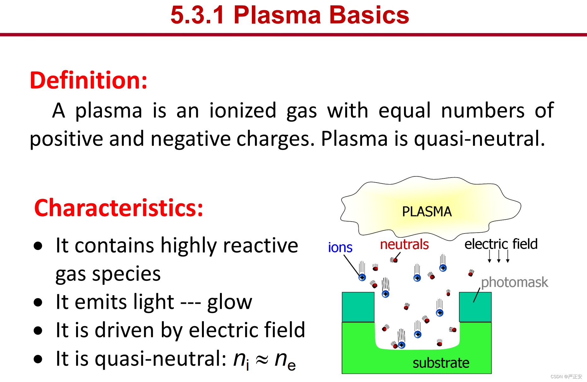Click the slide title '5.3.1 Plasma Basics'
pyautogui.click(x=290, y=15)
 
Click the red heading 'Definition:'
pyautogui.click(x=89, y=80)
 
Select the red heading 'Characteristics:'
pyautogui.click(x=119, y=208)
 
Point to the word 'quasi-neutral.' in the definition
pyautogui.click(x=480, y=139)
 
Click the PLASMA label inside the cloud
pyautogui.click(x=427, y=211)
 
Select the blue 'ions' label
pyautogui.click(x=340, y=247)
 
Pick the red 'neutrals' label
pyautogui.click(x=404, y=244)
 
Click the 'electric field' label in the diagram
pyautogui.click(x=501, y=244)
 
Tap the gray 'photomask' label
pyautogui.click(x=514, y=282)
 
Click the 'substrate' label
pyautogui.click(x=441, y=363)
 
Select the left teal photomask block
pyautogui.click(x=358, y=307)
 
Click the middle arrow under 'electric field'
pyautogui.click(x=499, y=256)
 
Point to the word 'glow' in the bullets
pyautogui.click(x=230, y=302)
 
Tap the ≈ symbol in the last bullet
pyautogui.click(x=262, y=359)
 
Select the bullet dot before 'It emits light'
pyautogui.click(x=38, y=302)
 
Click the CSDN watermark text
pyautogui.click(x=566, y=377)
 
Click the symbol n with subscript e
pyautogui.click(x=285, y=360)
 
